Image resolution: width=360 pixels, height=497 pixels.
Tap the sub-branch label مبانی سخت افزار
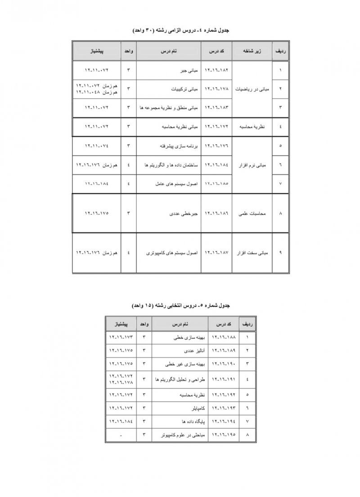point(252,253)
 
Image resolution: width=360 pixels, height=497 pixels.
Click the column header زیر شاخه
point(253,52)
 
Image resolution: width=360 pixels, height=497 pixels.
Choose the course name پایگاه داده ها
point(187,422)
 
